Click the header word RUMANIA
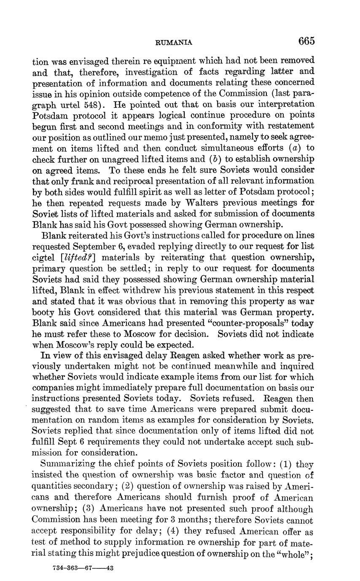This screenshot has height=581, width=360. [x=174, y=42]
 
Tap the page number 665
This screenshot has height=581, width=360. [x=306, y=41]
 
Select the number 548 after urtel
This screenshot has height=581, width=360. [x=100, y=104]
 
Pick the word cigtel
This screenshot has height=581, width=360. [x=44, y=257]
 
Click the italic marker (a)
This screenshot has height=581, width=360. [x=291, y=148]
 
